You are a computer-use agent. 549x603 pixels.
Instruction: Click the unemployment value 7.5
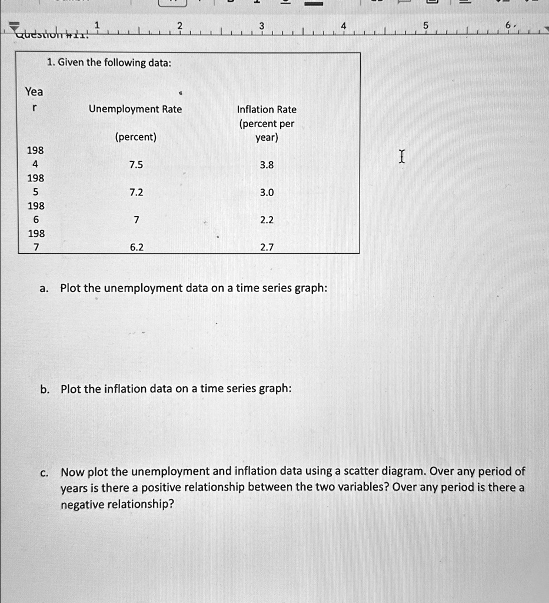click(136, 165)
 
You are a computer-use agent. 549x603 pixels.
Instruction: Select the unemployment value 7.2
click(136, 193)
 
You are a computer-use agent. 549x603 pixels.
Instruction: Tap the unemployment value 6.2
click(136, 247)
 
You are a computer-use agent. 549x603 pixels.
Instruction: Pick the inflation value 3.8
click(267, 165)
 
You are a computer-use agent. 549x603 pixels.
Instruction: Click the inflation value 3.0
click(267, 193)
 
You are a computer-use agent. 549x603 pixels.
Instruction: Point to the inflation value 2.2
click(267, 220)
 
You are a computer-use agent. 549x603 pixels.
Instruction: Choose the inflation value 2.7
click(267, 247)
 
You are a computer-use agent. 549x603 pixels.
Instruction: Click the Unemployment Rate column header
click(135, 109)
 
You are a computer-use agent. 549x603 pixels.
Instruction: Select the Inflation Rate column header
click(267, 110)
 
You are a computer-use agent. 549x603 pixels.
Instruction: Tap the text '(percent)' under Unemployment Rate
click(136, 137)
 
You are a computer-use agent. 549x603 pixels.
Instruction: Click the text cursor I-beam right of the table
click(401, 157)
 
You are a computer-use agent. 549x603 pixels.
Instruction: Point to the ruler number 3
click(261, 25)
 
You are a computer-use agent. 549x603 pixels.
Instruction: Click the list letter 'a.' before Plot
click(44, 289)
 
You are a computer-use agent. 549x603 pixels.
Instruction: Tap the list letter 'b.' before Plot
click(44, 389)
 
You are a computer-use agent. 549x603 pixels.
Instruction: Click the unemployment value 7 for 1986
click(136, 220)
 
